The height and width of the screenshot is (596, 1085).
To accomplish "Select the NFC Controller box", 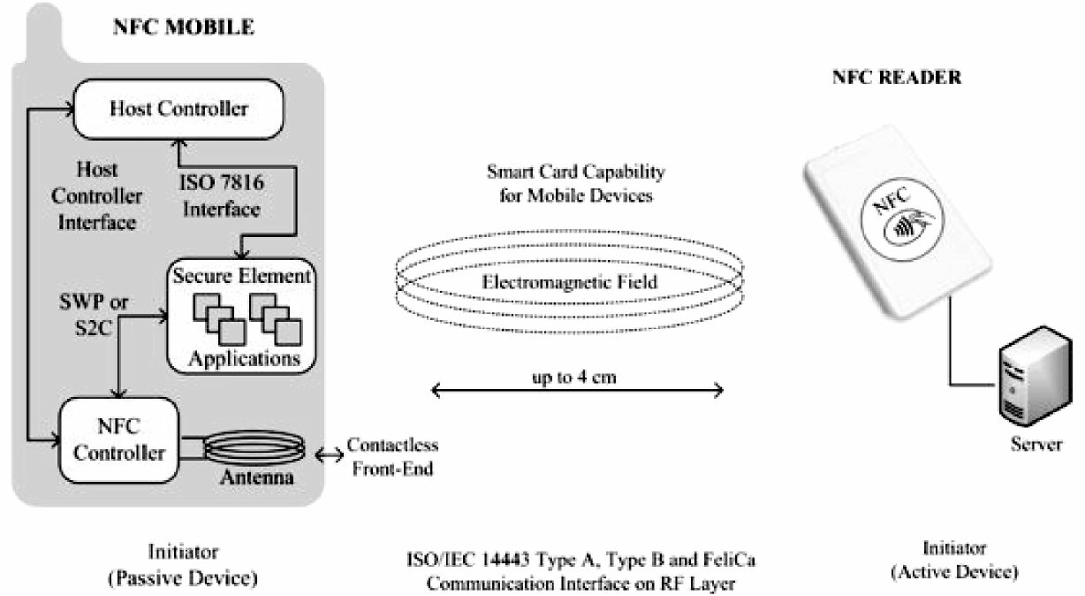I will [x=119, y=440].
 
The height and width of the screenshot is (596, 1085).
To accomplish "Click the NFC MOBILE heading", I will [x=183, y=27].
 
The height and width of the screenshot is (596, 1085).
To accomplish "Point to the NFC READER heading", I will [x=897, y=78].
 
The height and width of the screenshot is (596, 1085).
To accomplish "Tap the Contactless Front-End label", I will [x=392, y=456].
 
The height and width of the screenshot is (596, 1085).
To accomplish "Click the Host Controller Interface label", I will [x=97, y=195].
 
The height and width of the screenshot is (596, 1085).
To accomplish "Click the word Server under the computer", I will [x=1036, y=444].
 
